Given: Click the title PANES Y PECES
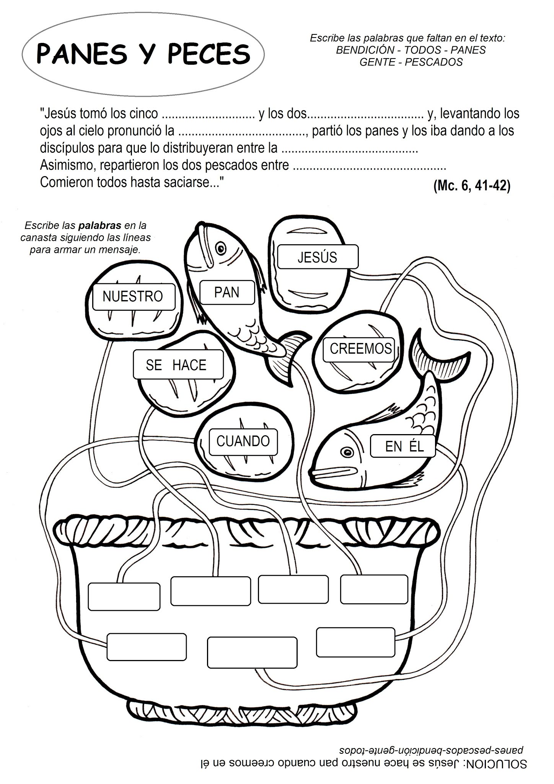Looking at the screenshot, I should tap(143, 54).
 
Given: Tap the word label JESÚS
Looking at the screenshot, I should tap(318, 257).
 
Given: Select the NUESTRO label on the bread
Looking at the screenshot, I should tap(133, 296).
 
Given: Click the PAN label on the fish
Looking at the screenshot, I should tap(226, 292).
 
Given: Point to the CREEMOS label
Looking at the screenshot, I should tap(360, 348).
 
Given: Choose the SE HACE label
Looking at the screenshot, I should tap(176, 365).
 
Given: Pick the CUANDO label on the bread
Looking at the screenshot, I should tap(243, 441).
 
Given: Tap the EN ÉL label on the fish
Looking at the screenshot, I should tap(404, 446).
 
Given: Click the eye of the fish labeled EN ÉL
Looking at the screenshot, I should tap(347, 452).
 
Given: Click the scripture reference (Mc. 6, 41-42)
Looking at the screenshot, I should tap(472, 186).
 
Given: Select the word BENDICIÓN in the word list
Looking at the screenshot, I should tap(359, 50).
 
